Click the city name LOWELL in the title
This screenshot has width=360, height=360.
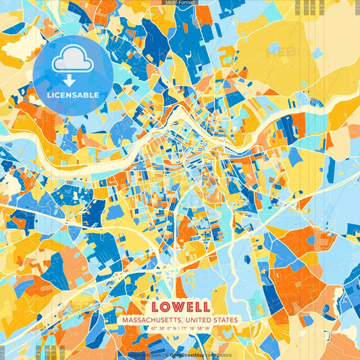pos(180,307)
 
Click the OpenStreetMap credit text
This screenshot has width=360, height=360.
pos(186,355)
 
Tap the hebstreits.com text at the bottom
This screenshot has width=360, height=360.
pos(145,355)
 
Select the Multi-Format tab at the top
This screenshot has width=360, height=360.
pos(180,3)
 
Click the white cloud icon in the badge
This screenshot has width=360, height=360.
pos(72,61)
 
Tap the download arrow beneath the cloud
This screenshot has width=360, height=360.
pos(70,80)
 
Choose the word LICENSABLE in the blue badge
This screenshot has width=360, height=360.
pos(73,95)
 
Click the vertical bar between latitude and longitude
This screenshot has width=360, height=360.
pos(180,328)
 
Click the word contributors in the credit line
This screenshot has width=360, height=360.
pos(218,355)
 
